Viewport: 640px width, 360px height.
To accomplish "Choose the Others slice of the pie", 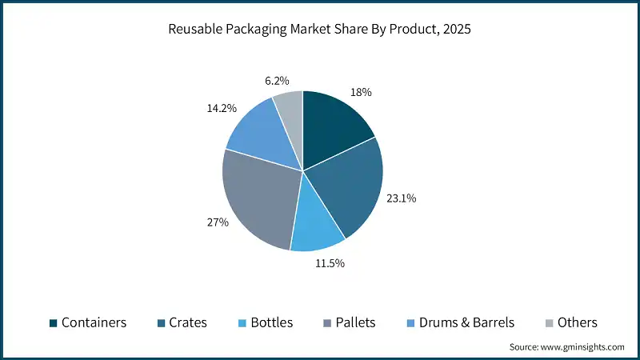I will [290, 111].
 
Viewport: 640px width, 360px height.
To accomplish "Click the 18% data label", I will [362, 92].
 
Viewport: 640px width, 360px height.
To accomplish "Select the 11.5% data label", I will [328, 263].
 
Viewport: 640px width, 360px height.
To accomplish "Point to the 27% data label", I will [218, 222].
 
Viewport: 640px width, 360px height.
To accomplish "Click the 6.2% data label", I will [275, 81].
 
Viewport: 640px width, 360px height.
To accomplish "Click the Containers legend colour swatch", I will [53, 323].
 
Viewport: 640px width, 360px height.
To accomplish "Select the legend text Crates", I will [188, 323].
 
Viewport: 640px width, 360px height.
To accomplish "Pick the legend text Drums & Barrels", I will [466, 323].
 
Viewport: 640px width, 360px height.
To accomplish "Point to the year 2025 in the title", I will [457, 30].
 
